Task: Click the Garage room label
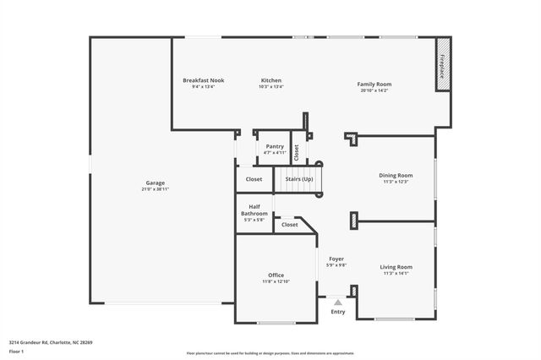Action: tap(155, 183)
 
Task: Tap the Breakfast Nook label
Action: tap(203, 80)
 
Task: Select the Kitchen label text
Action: tap(270, 80)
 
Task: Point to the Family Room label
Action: tap(374, 84)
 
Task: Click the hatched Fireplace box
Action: tap(442, 64)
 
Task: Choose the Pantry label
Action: tap(275, 146)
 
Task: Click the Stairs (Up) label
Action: tap(298, 179)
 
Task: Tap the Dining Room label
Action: tap(396, 175)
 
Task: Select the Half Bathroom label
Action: tap(254, 210)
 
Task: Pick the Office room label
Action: tap(276, 275)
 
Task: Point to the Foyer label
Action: tap(336, 259)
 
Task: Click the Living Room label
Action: tap(396, 267)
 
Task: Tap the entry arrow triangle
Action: tap(337, 301)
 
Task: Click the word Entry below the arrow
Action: tap(337, 312)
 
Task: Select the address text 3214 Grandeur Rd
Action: tap(29, 342)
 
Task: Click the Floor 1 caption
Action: tap(16, 351)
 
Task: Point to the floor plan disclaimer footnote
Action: tap(270, 352)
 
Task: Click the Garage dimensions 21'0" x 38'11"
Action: tap(155, 189)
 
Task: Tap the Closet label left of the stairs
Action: tap(254, 179)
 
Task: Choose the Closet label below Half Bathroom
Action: tap(289, 225)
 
